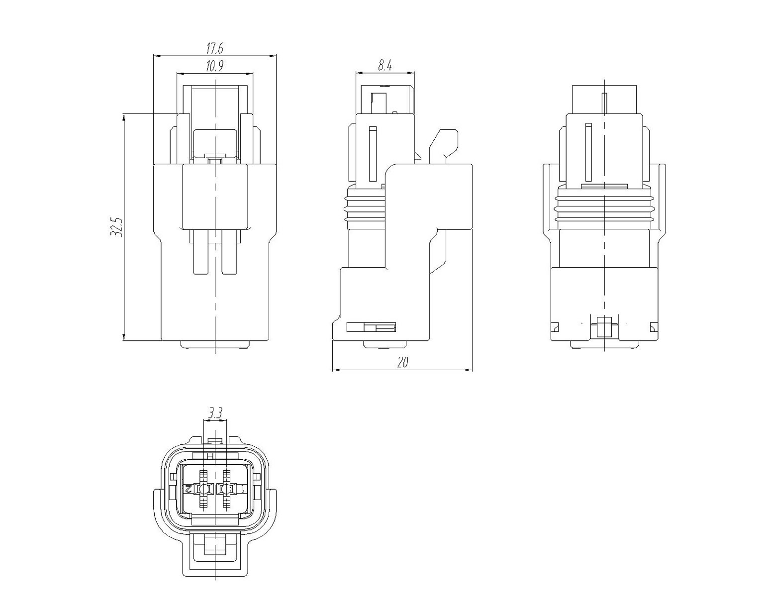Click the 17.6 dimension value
215,48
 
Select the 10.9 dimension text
215,66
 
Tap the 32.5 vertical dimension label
116,227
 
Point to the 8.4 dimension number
385,65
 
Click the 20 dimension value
402,363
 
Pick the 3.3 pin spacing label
215,413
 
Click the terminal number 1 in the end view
243,488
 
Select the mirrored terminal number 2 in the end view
188,488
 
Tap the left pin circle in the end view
203,489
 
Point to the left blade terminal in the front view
201,252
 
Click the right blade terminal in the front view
229,252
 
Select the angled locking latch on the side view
444,144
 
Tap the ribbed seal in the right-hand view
605,208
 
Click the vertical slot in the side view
373,154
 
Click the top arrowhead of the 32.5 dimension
124,117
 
